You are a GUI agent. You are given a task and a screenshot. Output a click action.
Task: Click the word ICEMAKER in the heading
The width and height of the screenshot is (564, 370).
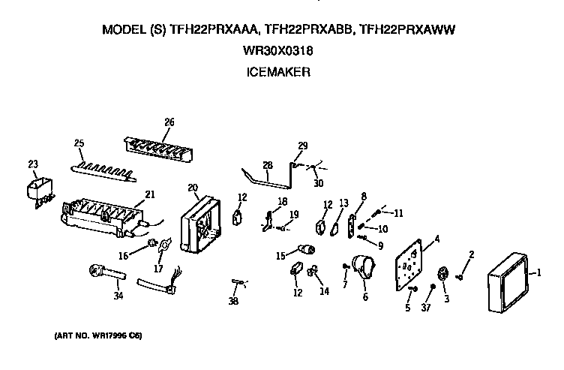[278, 73]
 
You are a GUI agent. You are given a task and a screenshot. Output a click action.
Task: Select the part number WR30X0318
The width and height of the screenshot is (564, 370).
[278, 52]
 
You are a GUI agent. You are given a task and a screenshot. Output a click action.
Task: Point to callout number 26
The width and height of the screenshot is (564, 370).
[169, 122]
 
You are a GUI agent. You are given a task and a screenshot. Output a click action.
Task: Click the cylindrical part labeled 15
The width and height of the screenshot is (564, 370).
[306, 248]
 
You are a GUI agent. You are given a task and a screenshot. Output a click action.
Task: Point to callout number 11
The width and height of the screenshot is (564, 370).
[398, 213]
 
